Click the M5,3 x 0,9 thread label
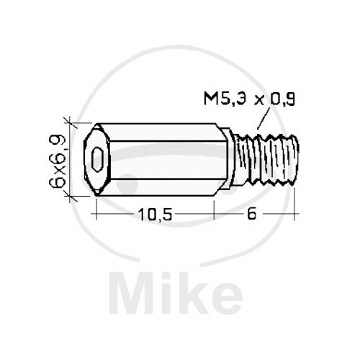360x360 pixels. [x=249, y=99]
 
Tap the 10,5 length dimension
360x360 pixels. [x=155, y=215]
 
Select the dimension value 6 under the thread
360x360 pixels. [x=251, y=214]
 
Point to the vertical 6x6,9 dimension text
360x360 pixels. [x=58, y=161]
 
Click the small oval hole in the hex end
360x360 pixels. [x=97, y=159]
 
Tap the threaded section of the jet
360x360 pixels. [x=266, y=160]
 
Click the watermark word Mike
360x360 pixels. [x=176, y=293]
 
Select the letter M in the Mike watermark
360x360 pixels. [x=130, y=293]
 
